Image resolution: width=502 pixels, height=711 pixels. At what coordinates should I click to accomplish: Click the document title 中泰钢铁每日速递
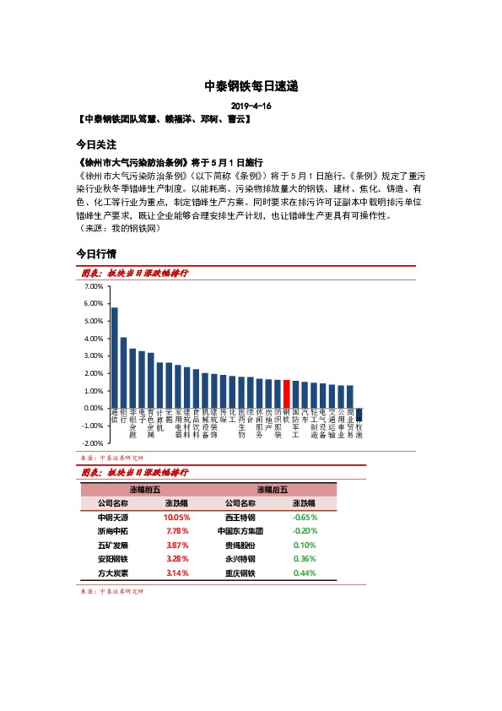pyautogui.click(x=251, y=86)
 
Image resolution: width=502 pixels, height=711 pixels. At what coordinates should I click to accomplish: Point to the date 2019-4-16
pyautogui.click(x=251, y=106)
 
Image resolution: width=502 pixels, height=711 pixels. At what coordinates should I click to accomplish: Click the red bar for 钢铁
pyautogui.click(x=287, y=394)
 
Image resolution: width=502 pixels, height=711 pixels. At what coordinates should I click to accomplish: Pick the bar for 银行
pyautogui.click(x=124, y=372)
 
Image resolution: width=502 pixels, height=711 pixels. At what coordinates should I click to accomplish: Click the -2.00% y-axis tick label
pyautogui.click(x=93, y=443)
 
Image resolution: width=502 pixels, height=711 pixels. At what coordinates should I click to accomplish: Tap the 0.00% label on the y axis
pyautogui.click(x=94, y=408)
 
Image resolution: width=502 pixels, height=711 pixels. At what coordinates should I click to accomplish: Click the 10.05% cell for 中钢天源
pyautogui.click(x=177, y=517)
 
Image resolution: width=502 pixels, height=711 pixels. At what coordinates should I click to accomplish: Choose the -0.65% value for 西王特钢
pyautogui.click(x=305, y=517)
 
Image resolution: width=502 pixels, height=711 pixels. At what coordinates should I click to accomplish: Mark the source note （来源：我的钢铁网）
pyautogui.click(x=124, y=229)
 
